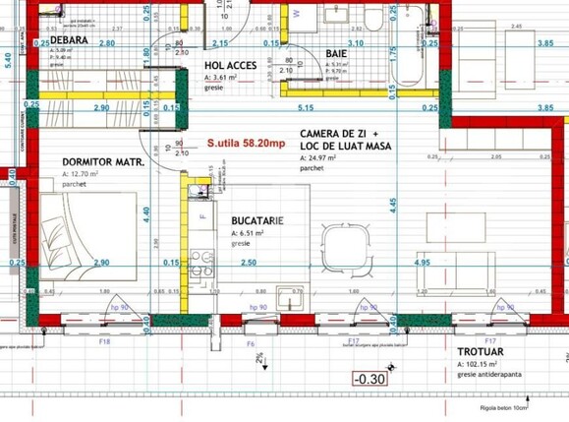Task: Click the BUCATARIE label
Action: pyautogui.click(x=258, y=221)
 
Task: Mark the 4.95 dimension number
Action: pyautogui.click(x=424, y=264)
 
